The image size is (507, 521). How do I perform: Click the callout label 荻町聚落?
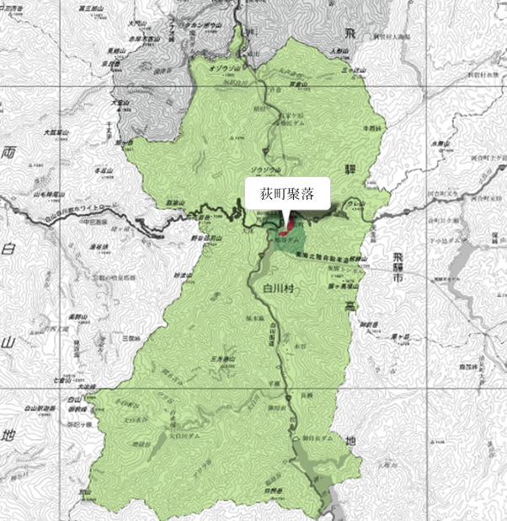click(287, 193)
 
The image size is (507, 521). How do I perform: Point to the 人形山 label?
click(339, 51)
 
